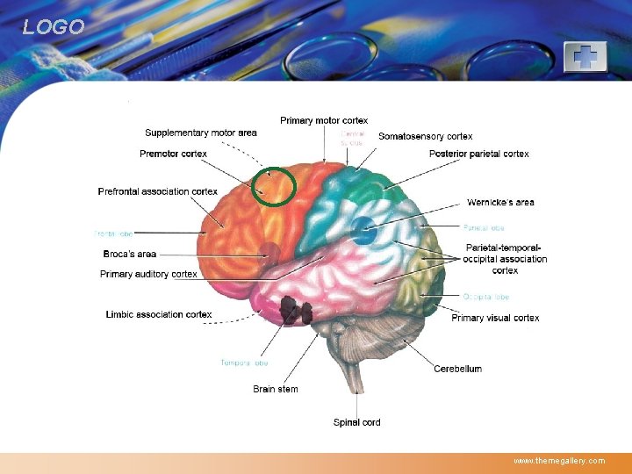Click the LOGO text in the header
(54, 27)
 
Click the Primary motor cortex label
(324, 120)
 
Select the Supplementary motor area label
(201, 133)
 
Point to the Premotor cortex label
(173, 154)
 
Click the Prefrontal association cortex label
(158, 191)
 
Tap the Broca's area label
(130, 255)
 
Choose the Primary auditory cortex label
(148, 275)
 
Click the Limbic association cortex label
(159, 314)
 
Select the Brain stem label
(276, 389)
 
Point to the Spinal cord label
(356, 423)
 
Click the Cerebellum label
(457, 370)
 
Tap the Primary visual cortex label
(495, 319)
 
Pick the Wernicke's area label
(500, 203)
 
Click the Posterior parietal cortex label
(479, 154)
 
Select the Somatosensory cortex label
(425, 137)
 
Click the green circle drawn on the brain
(273, 186)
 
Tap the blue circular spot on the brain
(363, 234)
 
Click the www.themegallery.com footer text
(559, 461)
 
